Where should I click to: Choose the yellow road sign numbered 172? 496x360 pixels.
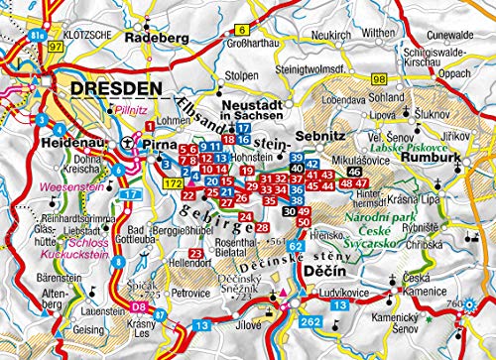tap(172, 183)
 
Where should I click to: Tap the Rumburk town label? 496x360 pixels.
tap(424, 156)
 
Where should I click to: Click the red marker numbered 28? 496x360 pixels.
tap(261, 227)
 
